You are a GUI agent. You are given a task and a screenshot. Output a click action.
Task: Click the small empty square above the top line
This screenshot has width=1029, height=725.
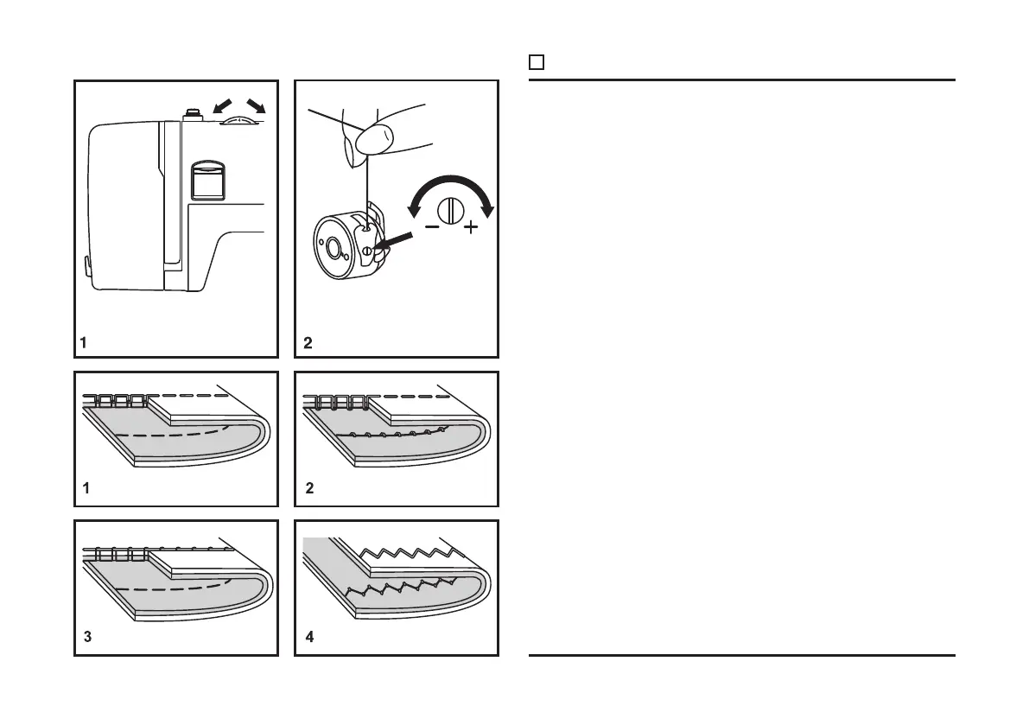pyautogui.click(x=536, y=62)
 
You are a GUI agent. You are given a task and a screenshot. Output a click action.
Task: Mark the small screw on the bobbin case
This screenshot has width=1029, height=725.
pyautogui.click(x=367, y=251)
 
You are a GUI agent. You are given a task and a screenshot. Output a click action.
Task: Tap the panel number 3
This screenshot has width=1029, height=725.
pyautogui.click(x=86, y=639)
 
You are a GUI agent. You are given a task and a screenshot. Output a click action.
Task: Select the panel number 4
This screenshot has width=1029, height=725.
pyautogui.click(x=309, y=639)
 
